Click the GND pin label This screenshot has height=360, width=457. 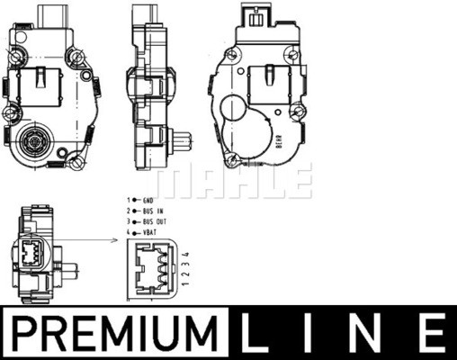click(148, 201)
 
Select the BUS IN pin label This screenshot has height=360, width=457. click(153, 211)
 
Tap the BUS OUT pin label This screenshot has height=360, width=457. click(155, 222)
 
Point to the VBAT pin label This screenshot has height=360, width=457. click(149, 232)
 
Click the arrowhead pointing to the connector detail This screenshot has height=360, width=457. click(114, 240)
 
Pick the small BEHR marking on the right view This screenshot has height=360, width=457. click(278, 141)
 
